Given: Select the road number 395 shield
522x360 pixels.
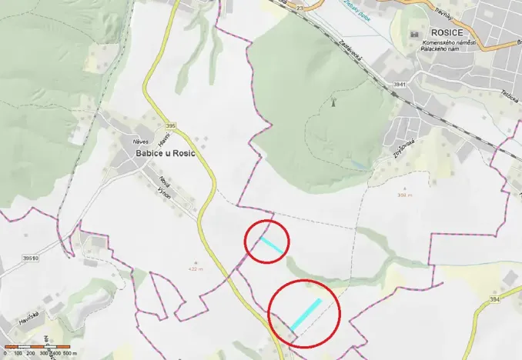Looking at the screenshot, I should (x=170, y=125).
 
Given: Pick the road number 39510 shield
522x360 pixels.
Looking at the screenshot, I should (x=30, y=258).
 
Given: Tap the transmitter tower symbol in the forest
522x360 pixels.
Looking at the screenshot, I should (x=333, y=102).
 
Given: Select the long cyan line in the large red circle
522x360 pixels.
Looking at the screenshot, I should (x=306, y=313).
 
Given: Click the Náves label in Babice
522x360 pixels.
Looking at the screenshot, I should (x=140, y=142).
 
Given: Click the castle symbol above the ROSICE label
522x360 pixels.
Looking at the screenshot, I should (x=423, y=35).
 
